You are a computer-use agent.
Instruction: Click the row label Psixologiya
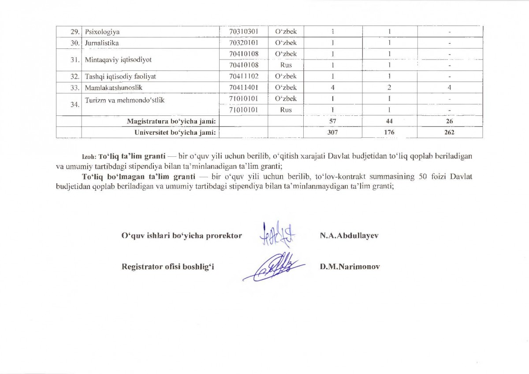point(102,32)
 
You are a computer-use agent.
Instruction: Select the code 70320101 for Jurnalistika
point(243,43)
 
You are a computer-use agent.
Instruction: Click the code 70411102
point(243,76)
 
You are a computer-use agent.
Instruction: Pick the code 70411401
point(243,87)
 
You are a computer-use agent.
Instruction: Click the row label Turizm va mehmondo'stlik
point(125,100)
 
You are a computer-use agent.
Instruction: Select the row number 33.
point(75,87)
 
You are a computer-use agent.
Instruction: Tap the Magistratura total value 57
point(333,121)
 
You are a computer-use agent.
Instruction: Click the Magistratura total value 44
point(390,121)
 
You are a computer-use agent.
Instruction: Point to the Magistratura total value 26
point(449,121)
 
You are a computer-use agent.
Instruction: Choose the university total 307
point(333,132)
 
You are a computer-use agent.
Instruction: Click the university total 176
point(390,132)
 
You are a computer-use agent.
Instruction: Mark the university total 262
point(449,132)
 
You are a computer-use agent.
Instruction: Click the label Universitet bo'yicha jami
point(175,132)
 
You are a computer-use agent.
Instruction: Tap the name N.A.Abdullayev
point(349,236)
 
